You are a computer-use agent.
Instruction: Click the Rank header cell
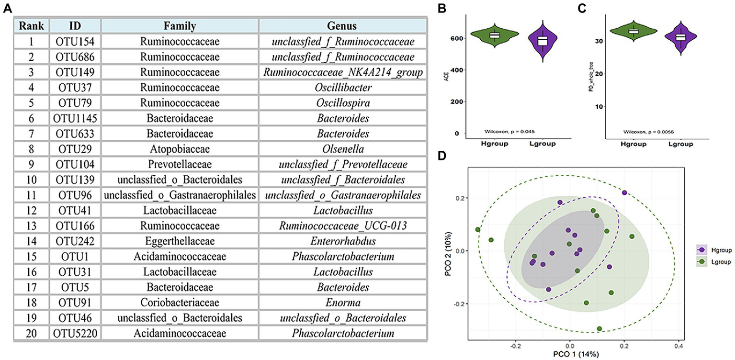pos(31,25)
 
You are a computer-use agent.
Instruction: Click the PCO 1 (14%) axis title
pos(570,354)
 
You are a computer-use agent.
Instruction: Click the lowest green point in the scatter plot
pos(599,328)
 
